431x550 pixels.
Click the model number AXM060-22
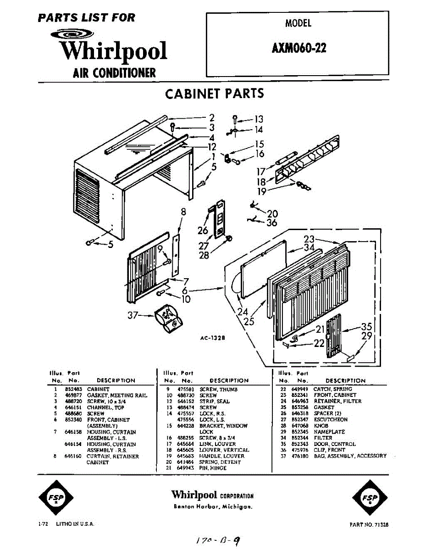299,48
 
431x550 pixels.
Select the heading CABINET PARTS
215,93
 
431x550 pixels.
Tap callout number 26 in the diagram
203,230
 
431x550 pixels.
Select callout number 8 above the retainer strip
183,212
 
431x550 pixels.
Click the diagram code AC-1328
212,338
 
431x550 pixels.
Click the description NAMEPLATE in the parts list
329,432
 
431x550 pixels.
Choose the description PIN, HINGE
213,468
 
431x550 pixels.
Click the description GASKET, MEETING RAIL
117,395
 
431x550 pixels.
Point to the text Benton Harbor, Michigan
213,507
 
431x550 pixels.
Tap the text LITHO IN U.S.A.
75,523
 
